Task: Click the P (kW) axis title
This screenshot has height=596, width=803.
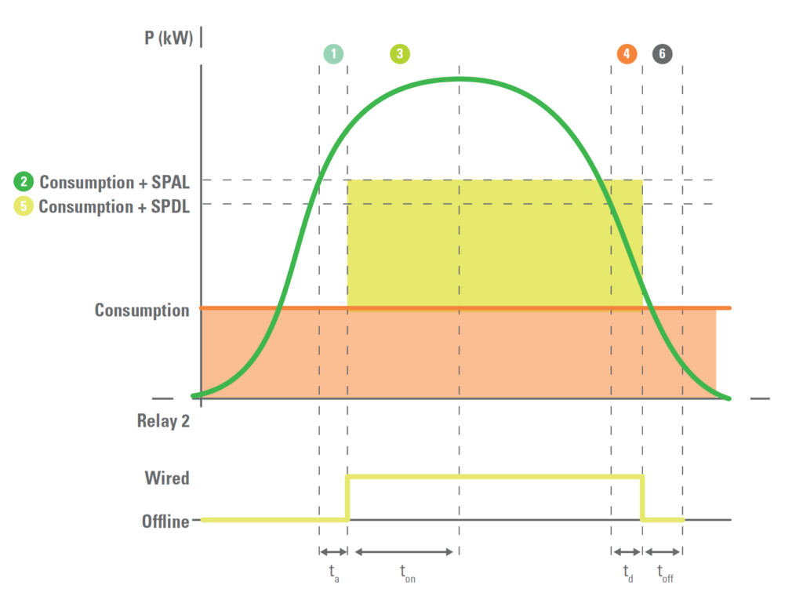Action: [169, 38]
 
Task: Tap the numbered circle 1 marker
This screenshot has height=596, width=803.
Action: [333, 53]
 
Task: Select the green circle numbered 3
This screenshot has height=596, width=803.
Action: [400, 53]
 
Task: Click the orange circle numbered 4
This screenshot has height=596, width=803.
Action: [627, 53]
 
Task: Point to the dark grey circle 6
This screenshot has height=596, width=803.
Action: [662, 53]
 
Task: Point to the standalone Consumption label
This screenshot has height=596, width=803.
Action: [142, 310]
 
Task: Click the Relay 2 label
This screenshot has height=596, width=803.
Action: [163, 421]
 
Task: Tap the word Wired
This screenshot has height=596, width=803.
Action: [167, 478]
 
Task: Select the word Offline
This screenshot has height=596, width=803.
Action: [165, 521]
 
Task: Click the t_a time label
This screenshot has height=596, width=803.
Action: [334, 573]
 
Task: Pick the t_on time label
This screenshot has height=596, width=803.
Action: [407, 574]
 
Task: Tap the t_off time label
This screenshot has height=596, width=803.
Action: [665, 574]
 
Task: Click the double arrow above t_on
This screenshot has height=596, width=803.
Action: [404, 551]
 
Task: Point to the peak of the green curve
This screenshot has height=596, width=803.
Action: [460, 78]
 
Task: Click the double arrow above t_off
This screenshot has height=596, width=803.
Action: [663, 551]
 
